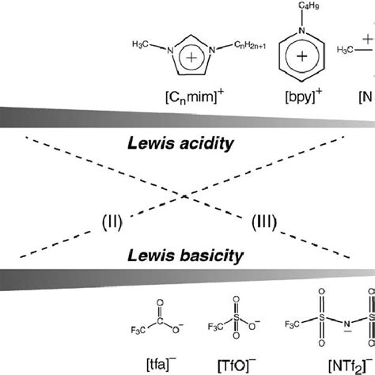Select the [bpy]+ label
point(294,97)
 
